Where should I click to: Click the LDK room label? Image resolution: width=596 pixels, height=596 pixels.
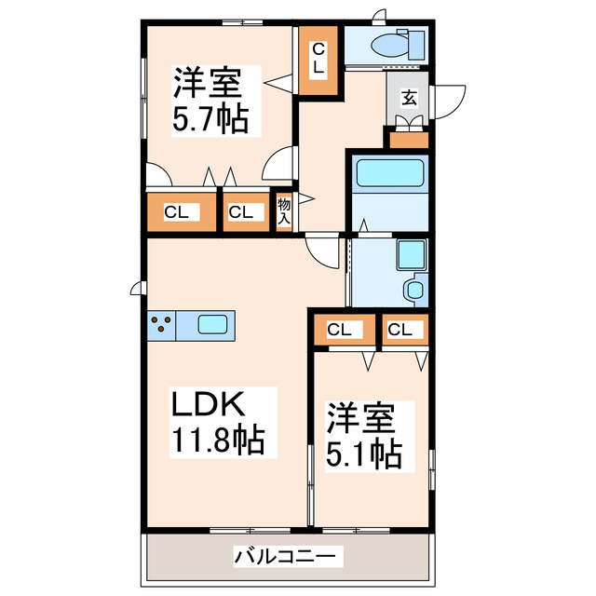pos(207,404)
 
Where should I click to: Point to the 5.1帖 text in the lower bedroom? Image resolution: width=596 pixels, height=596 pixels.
pos(363,454)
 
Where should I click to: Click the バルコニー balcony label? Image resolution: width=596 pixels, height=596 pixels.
pos(288,557)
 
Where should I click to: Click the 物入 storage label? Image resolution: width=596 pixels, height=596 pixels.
pos(284,211)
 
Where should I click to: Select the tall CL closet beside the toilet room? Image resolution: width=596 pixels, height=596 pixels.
pos(318,58)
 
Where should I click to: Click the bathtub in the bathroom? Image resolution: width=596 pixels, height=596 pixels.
pos(390,172)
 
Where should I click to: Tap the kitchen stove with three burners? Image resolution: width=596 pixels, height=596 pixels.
pos(161,325)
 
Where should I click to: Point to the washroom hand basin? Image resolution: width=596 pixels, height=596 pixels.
pos(414,291)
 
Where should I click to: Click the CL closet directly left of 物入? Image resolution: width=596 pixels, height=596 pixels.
pos(242,212)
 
